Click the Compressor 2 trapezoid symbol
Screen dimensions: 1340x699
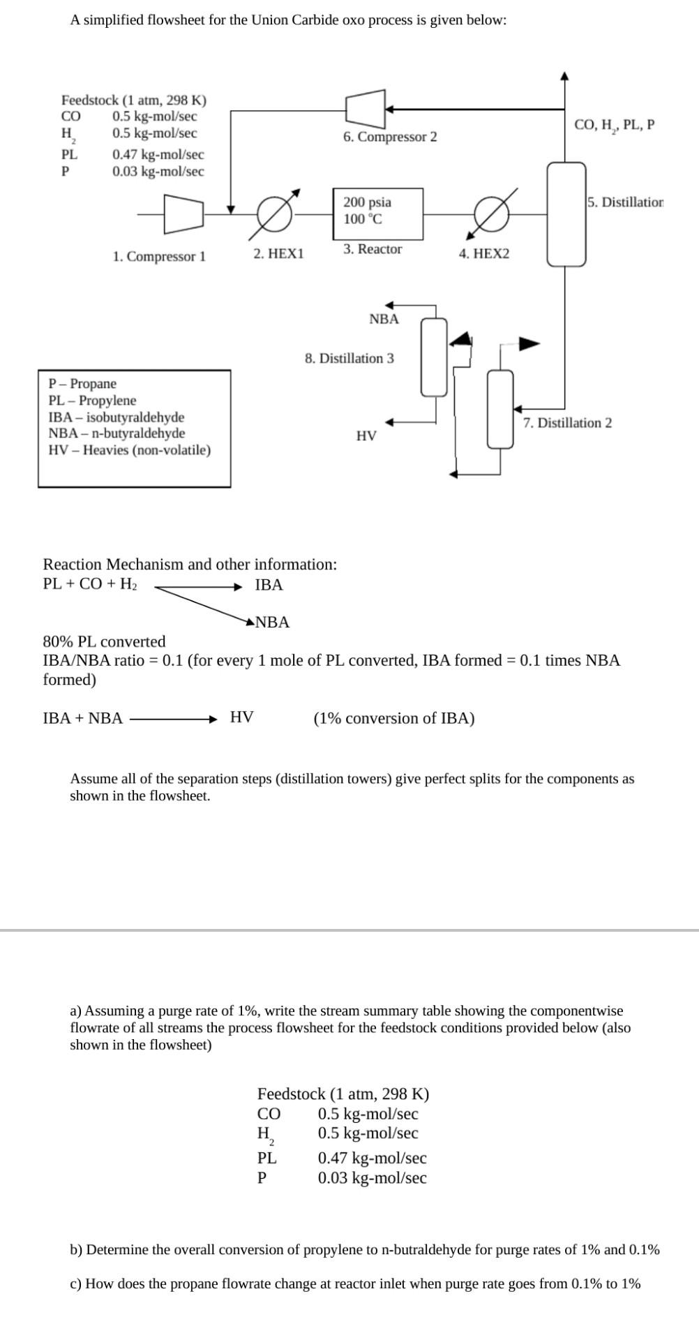366,108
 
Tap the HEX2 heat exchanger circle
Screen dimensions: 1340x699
492,213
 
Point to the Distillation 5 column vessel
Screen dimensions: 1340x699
566,214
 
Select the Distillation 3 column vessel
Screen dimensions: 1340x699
434,357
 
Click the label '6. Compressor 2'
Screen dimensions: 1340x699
390,137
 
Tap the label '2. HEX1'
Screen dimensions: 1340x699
278,253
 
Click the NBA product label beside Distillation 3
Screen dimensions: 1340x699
384,319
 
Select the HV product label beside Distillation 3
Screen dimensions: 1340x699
366,436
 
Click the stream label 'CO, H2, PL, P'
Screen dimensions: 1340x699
614,126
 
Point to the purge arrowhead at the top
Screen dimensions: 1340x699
565,75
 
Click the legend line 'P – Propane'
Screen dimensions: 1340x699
82,384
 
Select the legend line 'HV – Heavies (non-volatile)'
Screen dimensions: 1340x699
129,450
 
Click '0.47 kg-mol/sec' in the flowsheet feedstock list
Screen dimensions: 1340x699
158,154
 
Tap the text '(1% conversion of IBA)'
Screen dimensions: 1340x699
394,718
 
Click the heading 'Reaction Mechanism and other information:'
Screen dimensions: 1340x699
190,564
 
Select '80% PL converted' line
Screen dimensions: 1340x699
105,641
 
